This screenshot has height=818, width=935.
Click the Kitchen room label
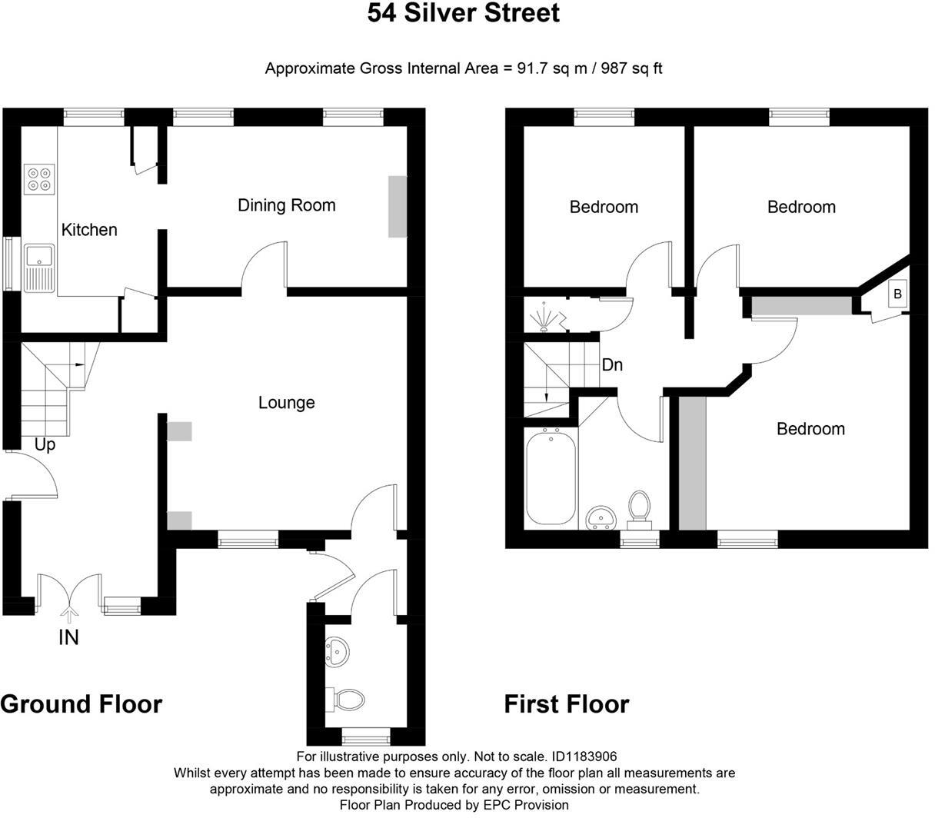pyautogui.click(x=89, y=229)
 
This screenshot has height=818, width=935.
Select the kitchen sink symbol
pyautogui.click(x=38, y=267)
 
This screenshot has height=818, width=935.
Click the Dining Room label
pyautogui.click(x=286, y=205)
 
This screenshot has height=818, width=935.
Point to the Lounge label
pyautogui.click(x=286, y=402)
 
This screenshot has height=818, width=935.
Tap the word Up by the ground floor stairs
pyautogui.click(x=45, y=444)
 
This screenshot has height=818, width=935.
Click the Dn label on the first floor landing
pyautogui.click(x=612, y=364)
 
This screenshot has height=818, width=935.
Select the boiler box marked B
pyautogui.click(x=897, y=294)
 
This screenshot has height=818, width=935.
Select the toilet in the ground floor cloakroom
pyautogui.click(x=347, y=699)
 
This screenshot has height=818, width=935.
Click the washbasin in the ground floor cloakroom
pyautogui.click(x=337, y=650)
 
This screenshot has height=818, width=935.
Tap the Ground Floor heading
pyautogui.click(x=82, y=703)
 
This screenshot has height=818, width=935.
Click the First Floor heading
pyautogui.click(x=567, y=703)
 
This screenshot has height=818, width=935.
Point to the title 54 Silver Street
pyautogui.click(x=463, y=13)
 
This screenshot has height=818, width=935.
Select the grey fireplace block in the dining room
pyautogui.click(x=397, y=206)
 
